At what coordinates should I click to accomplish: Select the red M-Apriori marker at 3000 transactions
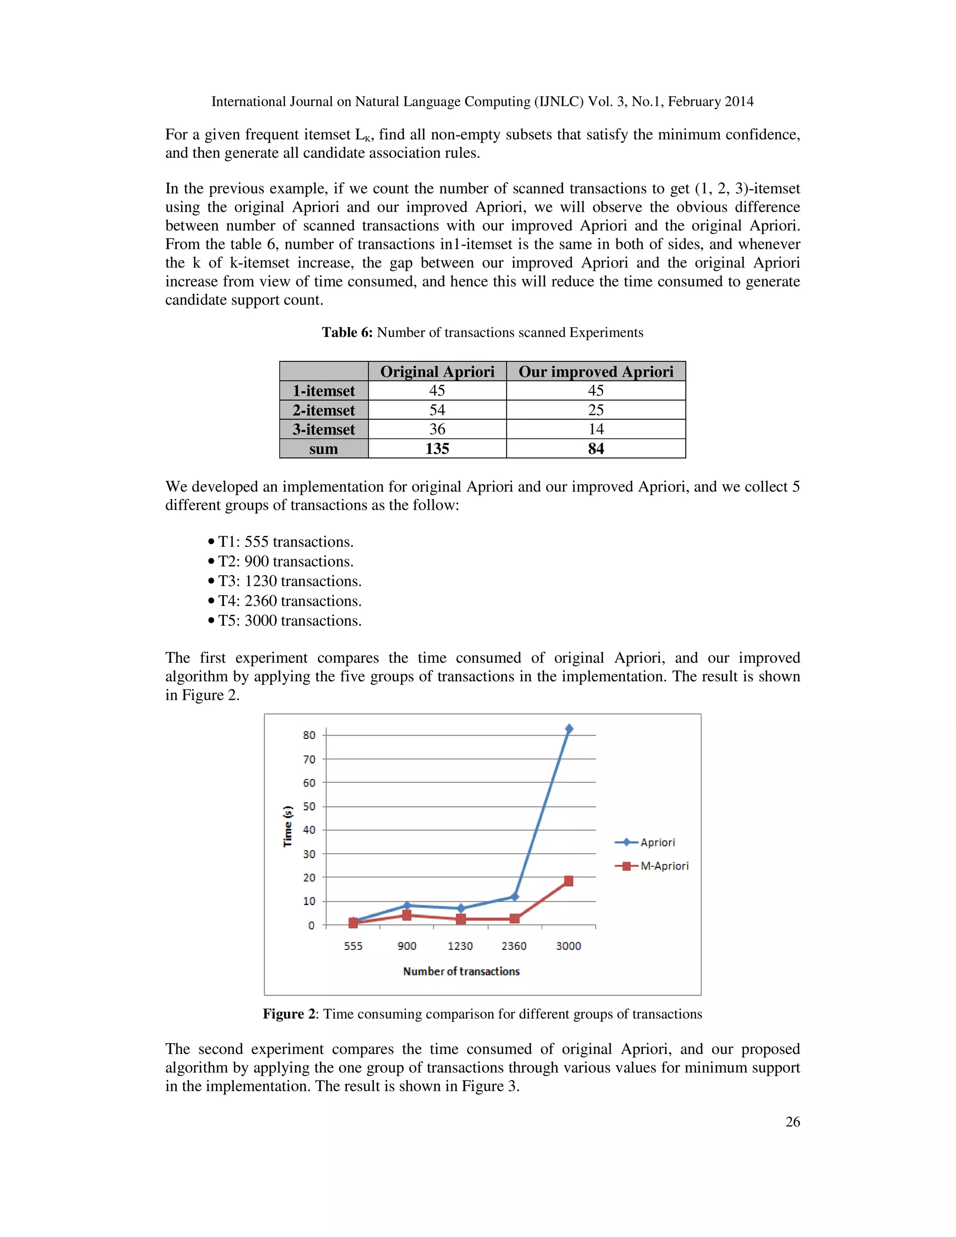[x=569, y=881]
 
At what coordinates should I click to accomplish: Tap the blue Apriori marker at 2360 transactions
[x=514, y=896]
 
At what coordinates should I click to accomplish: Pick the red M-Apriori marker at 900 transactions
[x=407, y=915]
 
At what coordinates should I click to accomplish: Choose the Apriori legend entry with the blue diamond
[x=645, y=842]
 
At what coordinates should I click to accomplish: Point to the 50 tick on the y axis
[x=309, y=806]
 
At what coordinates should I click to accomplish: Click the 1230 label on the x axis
[x=460, y=946]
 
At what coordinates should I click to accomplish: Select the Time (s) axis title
[x=288, y=826]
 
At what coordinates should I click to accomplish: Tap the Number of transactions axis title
[x=461, y=971]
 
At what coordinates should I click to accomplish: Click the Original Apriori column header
[x=437, y=372]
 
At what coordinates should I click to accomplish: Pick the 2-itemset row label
[x=323, y=410]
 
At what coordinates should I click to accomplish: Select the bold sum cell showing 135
[x=437, y=449]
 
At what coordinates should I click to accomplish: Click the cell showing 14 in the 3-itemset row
[x=596, y=429]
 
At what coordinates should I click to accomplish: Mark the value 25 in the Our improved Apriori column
[x=596, y=410]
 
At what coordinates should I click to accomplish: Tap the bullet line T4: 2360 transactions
[x=289, y=601]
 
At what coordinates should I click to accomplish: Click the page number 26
[x=792, y=1122]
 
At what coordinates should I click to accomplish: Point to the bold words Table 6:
[x=347, y=332]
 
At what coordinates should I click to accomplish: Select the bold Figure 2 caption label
[x=289, y=1014]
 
